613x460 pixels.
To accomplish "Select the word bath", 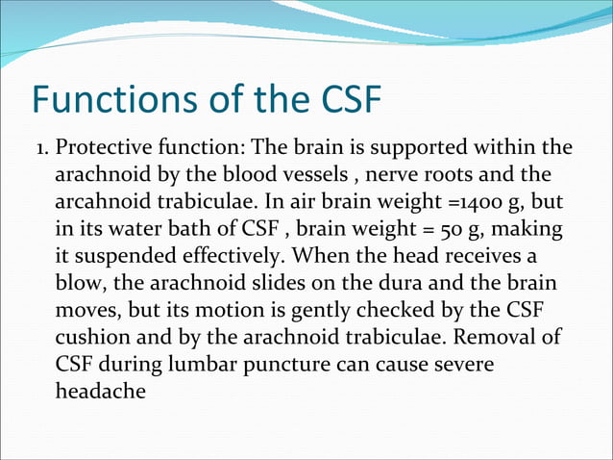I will point(179,231).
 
